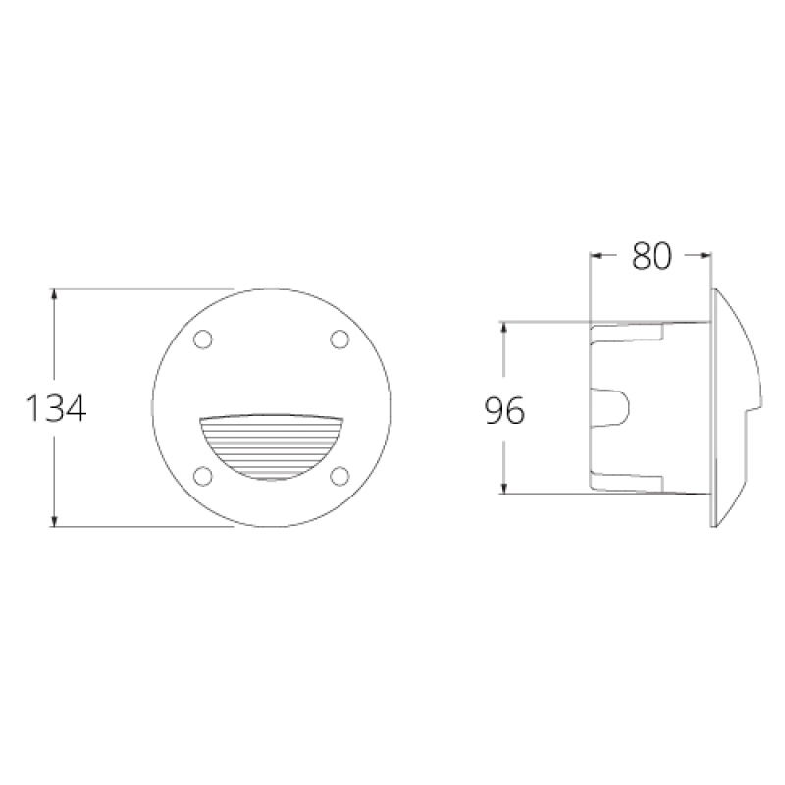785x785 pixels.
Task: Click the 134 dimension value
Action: (56, 408)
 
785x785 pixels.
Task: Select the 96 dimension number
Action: (504, 410)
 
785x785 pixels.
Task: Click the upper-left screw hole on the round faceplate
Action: (204, 340)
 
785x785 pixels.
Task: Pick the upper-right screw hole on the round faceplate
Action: (340, 340)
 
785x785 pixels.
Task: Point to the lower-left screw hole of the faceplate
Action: (204, 476)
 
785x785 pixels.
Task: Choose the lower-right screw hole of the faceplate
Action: (340, 476)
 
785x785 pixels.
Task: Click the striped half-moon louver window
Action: (272, 446)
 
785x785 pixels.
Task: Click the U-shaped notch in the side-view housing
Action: (615, 407)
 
